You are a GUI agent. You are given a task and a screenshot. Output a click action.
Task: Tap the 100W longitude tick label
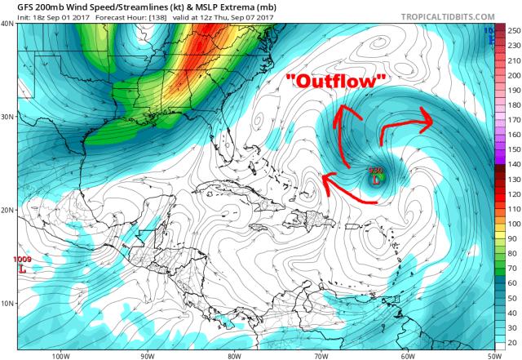[x=60, y=355]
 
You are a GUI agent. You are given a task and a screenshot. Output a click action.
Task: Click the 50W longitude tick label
[x=491, y=355]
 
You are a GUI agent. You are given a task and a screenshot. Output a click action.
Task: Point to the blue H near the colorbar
[x=490, y=38]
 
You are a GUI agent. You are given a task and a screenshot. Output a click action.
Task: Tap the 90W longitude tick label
[x=148, y=355]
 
